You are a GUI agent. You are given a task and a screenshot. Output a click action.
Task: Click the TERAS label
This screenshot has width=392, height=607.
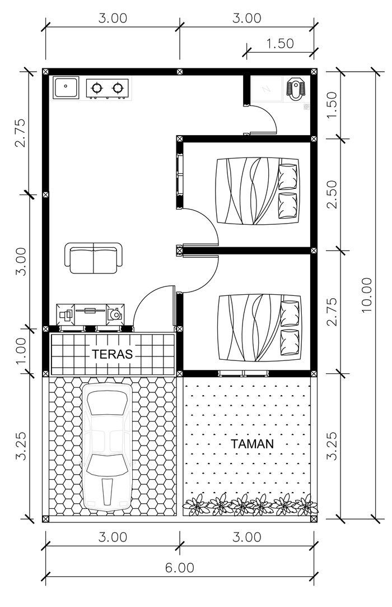(112, 354)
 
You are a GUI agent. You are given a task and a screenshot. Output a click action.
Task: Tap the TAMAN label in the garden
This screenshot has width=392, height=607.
(253, 444)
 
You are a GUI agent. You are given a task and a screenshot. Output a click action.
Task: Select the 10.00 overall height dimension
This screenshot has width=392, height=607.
(365, 295)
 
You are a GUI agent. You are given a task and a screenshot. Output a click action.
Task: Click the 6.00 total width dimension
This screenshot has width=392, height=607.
(180, 568)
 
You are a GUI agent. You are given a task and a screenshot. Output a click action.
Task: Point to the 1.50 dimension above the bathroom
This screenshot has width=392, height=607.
(280, 43)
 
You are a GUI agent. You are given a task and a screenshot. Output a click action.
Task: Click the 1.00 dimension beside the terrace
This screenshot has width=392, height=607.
(21, 351)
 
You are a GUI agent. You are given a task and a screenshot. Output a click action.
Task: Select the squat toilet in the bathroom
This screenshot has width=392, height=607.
(295, 89)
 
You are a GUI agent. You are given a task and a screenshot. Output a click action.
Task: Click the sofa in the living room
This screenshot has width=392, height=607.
(94, 258)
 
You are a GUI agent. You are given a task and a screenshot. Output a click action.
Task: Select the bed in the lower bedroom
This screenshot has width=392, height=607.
(259, 328)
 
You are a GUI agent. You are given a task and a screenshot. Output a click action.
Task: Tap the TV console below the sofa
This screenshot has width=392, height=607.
(90, 313)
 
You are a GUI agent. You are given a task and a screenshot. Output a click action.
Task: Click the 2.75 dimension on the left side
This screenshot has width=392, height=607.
(21, 133)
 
